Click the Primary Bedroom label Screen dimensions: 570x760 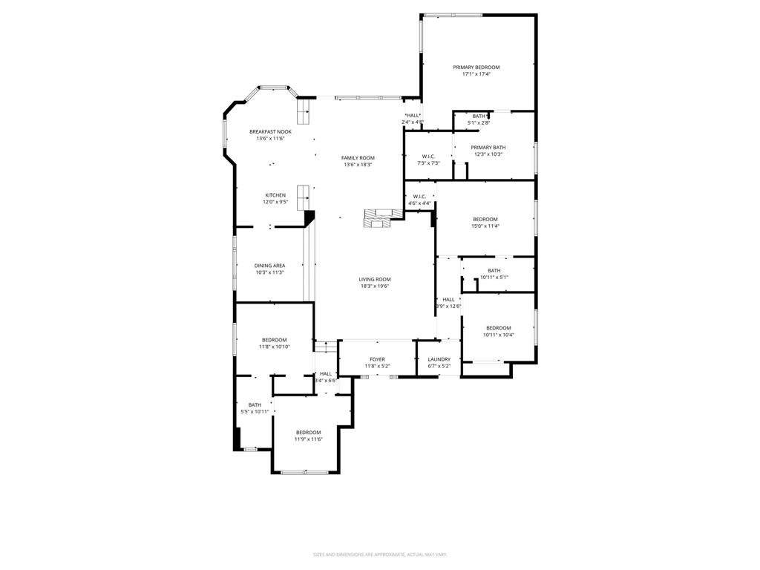click(476, 68)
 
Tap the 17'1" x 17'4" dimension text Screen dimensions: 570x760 click(476, 74)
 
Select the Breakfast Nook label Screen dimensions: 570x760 click(270, 131)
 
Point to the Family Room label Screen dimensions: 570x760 click(358, 158)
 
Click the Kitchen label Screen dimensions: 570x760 click(275, 196)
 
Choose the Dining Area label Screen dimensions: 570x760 click(269, 266)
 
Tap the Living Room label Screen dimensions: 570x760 click(375, 280)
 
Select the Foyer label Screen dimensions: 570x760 click(377, 359)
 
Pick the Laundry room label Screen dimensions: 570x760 click(439, 359)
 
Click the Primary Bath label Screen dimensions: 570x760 click(488, 148)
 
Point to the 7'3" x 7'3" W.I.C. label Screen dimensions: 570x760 click(428, 160)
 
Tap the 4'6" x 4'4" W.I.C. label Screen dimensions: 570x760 click(419, 200)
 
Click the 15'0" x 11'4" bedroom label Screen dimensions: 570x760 click(485, 223)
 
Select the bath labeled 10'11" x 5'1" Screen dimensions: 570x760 click(494, 274)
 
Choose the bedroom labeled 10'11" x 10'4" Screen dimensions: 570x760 click(498, 331)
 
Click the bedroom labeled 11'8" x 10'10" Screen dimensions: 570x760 click(274, 343)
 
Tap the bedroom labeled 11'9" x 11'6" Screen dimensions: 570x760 click(308, 436)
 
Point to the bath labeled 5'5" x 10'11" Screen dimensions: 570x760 click(255, 408)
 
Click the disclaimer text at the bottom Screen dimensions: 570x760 click(379, 554)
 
